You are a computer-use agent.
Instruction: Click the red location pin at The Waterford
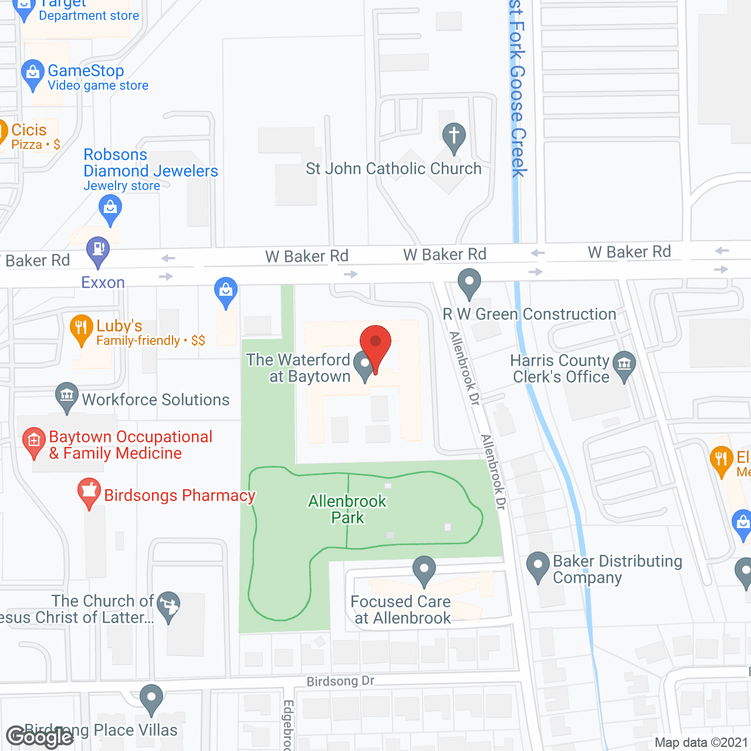(x=375, y=344)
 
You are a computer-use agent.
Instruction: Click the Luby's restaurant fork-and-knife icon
(x=81, y=329)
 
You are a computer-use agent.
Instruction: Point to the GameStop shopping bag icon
(x=33, y=73)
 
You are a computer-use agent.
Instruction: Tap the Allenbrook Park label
(x=347, y=509)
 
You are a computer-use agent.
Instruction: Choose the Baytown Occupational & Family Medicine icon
(x=33, y=441)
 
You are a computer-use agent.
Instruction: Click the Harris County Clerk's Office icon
(x=624, y=364)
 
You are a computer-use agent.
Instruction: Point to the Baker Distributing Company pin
(x=537, y=566)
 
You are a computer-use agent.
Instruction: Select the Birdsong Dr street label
(x=340, y=681)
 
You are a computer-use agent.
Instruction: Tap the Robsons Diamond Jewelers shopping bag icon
(x=110, y=208)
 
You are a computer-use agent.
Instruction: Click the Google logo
(x=40, y=737)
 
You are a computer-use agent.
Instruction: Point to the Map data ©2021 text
(x=701, y=742)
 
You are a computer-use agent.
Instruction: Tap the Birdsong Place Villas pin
(x=151, y=698)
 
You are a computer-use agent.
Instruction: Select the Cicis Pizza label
(x=29, y=136)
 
